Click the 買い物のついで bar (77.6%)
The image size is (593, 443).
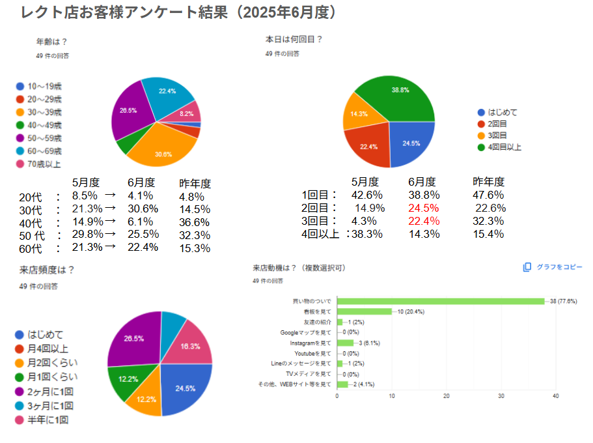pyautogui.click(x=440, y=301)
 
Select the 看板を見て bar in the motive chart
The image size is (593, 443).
pyautogui.click(x=364, y=311)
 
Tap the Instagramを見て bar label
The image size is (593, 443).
pyautogui.click(x=310, y=343)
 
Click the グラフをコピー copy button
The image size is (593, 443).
pyautogui.click(x=553, y=267)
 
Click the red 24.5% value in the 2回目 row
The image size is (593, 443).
pyautogui.click(x=424, y=208)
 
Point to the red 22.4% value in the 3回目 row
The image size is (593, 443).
pyautogui.click(x=424, y=221)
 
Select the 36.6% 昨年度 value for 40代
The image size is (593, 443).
pyautogui.click(x=195, y=222)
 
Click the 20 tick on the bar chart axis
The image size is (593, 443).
pyautogui.click(x=447, y=395)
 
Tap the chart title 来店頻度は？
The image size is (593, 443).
pyautogui.click(x=47, y=270)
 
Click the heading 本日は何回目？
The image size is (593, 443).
pyautogui.click(x=294, y=40)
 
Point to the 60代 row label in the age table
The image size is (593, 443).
pyautogui.click(x=31, y=248)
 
